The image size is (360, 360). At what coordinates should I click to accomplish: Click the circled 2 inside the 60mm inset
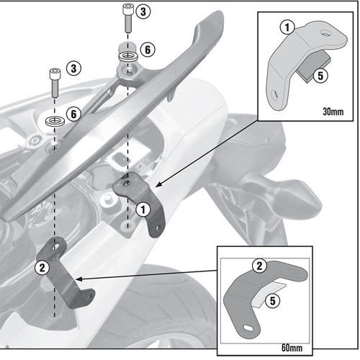(x=256, y=267)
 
